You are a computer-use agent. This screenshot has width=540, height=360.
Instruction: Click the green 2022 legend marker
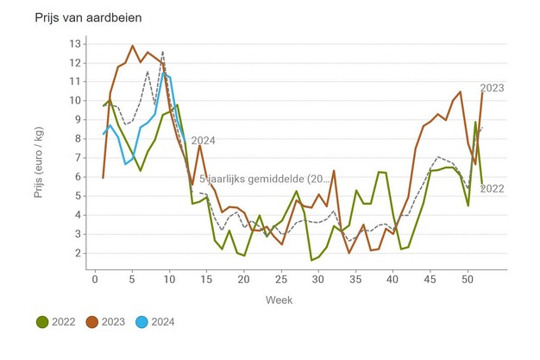coord(41,322)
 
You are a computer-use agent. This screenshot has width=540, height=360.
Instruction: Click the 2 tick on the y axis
coord(78,253)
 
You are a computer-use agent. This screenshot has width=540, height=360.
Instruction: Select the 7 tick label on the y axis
coord(78,158)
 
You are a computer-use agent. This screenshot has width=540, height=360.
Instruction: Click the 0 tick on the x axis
coord(95,278)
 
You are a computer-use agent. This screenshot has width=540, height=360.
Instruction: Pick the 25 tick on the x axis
coord(281,278)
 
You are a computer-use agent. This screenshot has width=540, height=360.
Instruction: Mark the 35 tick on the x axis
coord(355,278)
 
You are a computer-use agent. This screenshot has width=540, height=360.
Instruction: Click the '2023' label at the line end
coord(492,87)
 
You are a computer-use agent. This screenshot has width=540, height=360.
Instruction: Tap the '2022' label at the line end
coord(492,188)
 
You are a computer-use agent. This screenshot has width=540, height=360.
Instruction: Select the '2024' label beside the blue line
coord(203,141)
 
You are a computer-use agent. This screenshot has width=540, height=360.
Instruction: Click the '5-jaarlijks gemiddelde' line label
coord(264,179)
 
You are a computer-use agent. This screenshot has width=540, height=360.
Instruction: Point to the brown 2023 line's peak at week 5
coord(132,46)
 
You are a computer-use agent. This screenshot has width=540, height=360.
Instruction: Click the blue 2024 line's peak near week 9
coord(163,73)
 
